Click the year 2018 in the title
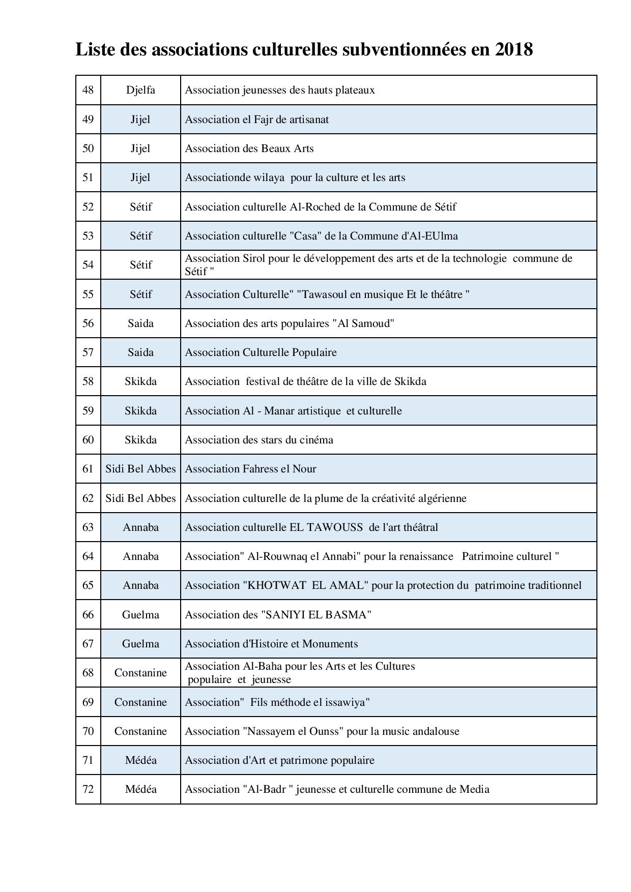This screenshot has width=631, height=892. click(513, 50)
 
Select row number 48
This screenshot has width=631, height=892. click(88, 90)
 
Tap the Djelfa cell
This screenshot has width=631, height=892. click(140, 90)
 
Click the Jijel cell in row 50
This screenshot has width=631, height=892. click(140, 148)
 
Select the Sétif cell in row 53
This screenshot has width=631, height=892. click(140, 236)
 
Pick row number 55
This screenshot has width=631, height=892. click(88, 294)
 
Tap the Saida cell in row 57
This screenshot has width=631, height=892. click(140, 352)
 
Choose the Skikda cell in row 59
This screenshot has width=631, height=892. click(140, 411)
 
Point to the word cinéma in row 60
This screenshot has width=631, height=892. click(317, 440)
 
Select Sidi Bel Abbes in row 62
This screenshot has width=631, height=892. click(140, 498)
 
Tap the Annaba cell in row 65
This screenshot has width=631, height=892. click(140, 585)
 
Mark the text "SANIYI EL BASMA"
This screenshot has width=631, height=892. click(316, 615)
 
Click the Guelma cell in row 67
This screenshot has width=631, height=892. click(140, 644)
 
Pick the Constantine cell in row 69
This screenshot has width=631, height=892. click(140, 702)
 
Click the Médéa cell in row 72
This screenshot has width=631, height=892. click(140, 789)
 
